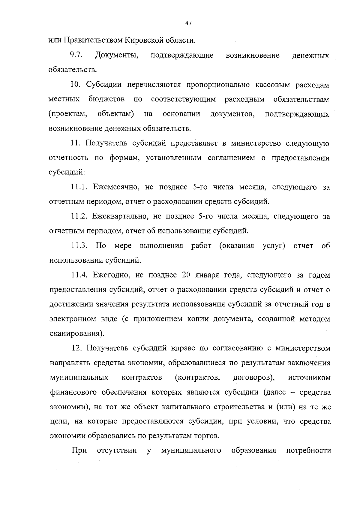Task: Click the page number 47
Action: (x=188, y=23)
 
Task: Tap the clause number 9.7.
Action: (x=76, y=55)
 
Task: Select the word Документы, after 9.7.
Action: (x=117, y=56)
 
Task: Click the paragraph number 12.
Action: (x=76, y=348)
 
